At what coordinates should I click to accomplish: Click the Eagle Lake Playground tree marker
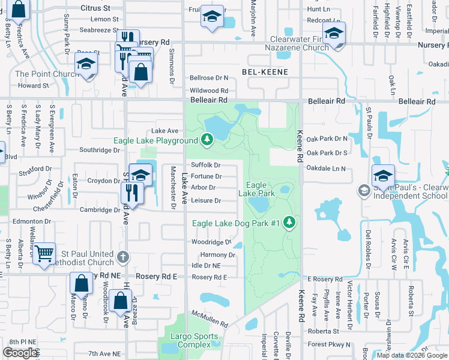(x=207, y=140)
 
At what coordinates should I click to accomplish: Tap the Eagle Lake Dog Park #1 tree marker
(x=289, y=223)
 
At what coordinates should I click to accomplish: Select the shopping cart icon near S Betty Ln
(x=44, y=254)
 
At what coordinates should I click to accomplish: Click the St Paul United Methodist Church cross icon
(x=122, y=257)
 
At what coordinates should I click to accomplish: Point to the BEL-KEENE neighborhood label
(x=265, y=72)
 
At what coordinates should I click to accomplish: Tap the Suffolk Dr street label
(x=206, y=165)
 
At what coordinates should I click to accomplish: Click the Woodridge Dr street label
(x=211, y=242)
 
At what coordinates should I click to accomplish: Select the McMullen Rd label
(x=210, y=319)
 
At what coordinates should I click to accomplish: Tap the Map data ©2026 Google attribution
(x=412, y=355)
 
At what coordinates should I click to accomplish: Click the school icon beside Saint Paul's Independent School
(x=364, y=191)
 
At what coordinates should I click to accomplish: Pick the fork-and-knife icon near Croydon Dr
(x=130, y=192)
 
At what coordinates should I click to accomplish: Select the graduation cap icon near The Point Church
(x=86, y=64)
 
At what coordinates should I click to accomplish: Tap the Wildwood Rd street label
(x=209, y=90)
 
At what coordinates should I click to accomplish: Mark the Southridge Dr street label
(x=100, y=149)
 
